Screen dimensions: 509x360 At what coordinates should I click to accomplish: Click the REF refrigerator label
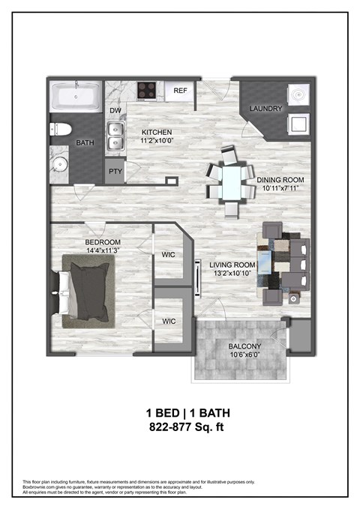tap(180, 91)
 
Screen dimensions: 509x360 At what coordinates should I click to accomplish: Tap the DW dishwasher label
tap(115, 111)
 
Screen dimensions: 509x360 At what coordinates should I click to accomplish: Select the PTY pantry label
tap(115, 171)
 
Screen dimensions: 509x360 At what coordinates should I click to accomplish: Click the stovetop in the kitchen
tap(145, 92)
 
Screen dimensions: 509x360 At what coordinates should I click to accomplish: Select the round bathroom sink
tap(60, 165)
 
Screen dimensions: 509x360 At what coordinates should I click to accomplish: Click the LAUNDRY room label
tap(266, 109)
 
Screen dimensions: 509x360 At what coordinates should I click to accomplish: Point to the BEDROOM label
tap(101, 242)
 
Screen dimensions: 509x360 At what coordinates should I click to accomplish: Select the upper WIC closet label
tap(169, 254)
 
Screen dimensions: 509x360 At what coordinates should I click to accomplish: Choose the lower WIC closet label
tap(169, 321)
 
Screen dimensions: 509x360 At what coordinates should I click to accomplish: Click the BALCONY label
tap(244, 346)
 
